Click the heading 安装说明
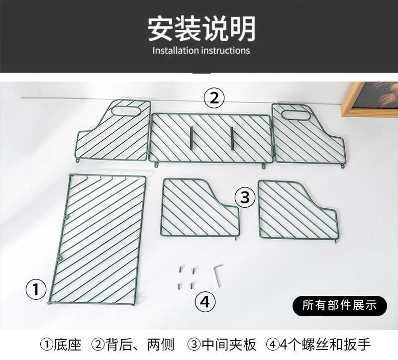click(x=201, y=28)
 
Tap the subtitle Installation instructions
click(x=201, y=51)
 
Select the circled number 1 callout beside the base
click(x=36, y=289)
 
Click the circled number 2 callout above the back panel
click(x=214, y=98)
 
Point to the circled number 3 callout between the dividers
click(x=245, y=197)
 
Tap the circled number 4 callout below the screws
click(x=205, y=302)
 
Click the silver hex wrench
click(x=218, y=275)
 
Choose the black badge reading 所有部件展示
click(x=340, y=305)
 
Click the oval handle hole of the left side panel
click(x=126, y=111)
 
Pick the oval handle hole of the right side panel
click(x=296, y=115)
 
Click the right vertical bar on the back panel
click(x=232, y=138)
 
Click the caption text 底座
click(x=67, y=345)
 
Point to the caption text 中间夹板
click(x=229, y=345)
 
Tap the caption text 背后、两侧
click(x=140, y=345)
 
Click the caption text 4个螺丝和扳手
click(x=325, y=345)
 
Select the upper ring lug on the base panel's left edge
click(x=67, y=217)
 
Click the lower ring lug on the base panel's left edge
click(x=60, y=258)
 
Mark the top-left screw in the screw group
click(x=180, y=269)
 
